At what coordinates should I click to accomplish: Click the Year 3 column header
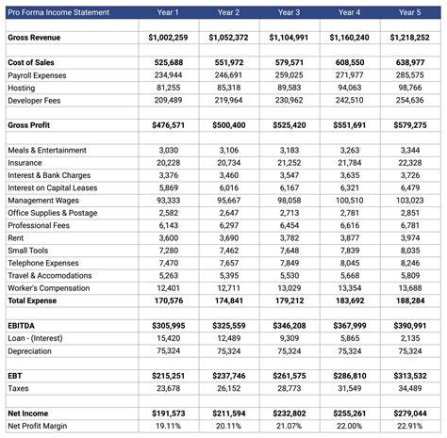coord(290,12)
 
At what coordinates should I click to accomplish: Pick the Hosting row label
coord(22,87)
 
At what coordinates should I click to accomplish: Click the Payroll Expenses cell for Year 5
coord(409,74)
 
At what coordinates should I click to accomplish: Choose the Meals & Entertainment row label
coord(47,151)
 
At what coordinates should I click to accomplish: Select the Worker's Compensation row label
coord(49,287)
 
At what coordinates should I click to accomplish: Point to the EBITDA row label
coord(24,325)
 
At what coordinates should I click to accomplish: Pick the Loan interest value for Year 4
coord(348,337)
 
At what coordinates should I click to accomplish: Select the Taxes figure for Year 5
coord(409,387)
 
